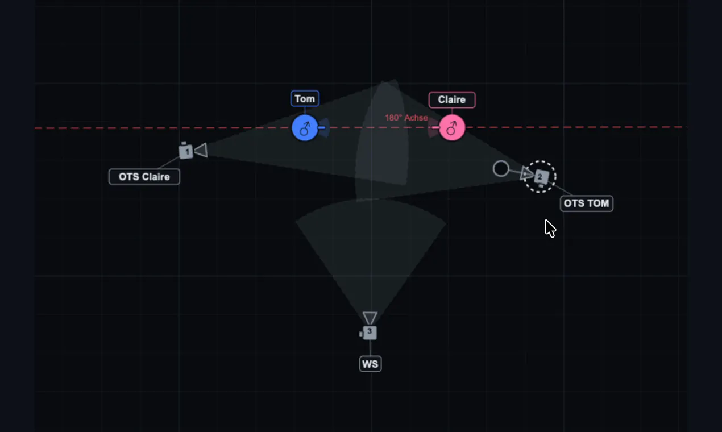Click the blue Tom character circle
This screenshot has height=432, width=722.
tap(305, 128)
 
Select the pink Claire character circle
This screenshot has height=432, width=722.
tap(452, 128)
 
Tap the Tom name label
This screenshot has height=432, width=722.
tap(305, 99)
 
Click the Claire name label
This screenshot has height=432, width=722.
tap(452, 99)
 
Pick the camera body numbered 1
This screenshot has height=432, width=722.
tap(186, 151)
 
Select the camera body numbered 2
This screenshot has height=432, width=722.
tap(541, 177)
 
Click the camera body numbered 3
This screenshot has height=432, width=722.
tap(369, 333)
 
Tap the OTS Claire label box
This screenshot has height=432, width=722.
tap(144, 177)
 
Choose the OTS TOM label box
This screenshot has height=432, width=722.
tap(587, 203)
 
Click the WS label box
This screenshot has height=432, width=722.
tap(370, 364)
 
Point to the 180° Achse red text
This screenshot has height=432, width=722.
tap(406, 118)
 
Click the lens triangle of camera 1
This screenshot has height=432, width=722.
tap(202, 151)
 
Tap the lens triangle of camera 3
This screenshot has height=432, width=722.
tap(370, 317)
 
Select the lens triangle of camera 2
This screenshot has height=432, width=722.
tap(526, 173)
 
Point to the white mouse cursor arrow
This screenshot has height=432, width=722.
tap(550, 229)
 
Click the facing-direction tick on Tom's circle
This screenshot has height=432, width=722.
tap(322, 128)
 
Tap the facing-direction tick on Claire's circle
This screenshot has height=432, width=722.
tap(435, 128)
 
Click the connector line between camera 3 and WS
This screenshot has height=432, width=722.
tap(370, 348)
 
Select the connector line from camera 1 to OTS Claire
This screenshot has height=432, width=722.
tap(169, 163)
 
